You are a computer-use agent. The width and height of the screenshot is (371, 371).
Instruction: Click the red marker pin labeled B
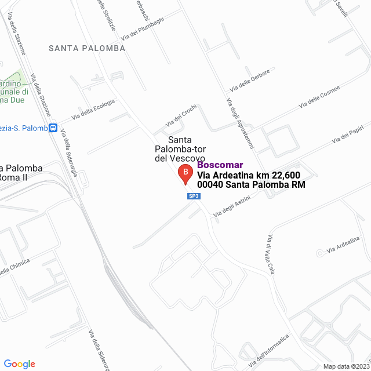pos(184,173)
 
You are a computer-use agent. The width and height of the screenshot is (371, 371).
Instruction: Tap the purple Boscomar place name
pos(220,165)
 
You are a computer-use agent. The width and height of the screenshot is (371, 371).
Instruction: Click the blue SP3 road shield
pos(194,196)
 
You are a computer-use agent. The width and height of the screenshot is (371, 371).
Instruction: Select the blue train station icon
pos(53,128)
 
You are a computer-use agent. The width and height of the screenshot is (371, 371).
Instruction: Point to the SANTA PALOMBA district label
pos(87,48)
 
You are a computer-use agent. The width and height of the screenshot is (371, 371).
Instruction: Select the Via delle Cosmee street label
pos(319,97)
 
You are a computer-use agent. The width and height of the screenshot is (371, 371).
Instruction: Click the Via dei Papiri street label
pos(351,135)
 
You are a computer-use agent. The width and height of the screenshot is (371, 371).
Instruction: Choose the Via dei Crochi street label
pos(181,115)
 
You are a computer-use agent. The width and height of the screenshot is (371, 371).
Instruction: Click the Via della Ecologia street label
pos(93,110)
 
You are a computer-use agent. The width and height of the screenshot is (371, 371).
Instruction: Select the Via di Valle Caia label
pos(270,254)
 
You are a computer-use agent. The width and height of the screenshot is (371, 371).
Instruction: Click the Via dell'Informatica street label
pos(268,351)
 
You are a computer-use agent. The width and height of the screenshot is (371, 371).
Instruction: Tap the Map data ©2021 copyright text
pos(345,366)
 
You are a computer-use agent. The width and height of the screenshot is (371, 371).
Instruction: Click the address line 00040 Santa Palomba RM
pos(251,185)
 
